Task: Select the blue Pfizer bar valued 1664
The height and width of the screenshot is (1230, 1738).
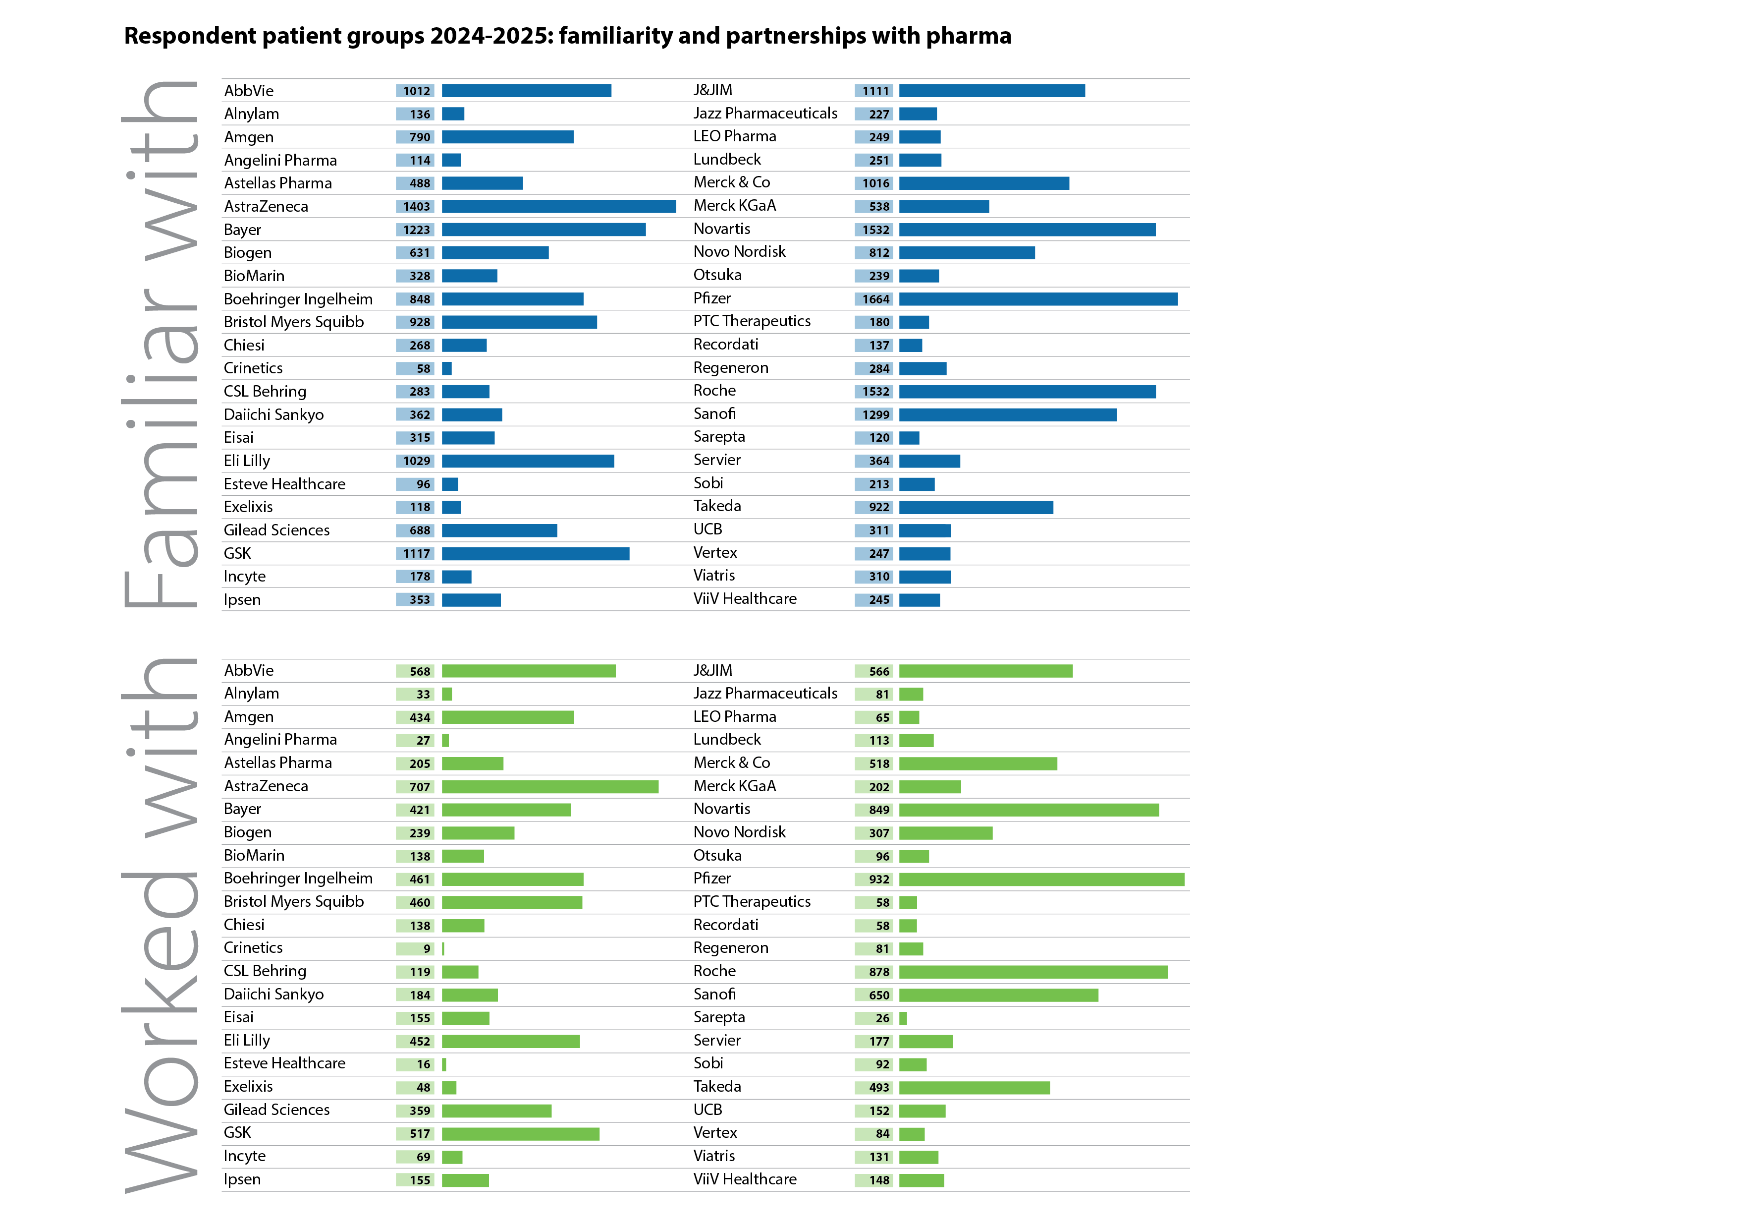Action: [1038, 299]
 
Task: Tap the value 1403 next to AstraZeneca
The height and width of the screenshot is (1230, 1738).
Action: [416, 207]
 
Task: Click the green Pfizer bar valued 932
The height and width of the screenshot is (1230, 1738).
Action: [1041, 879]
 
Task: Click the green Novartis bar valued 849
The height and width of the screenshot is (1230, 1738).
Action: [1028, 811]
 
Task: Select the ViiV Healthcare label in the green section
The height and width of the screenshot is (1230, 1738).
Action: [744, 1179]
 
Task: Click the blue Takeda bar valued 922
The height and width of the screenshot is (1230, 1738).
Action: [975, 508]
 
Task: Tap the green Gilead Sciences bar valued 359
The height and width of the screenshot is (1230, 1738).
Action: [496, 1111]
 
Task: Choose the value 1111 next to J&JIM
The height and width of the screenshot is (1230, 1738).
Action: [875, 91]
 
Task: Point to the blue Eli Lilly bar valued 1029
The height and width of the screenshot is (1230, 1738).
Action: [528, 461]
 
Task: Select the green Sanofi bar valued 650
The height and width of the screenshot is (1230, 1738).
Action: [998, 995]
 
